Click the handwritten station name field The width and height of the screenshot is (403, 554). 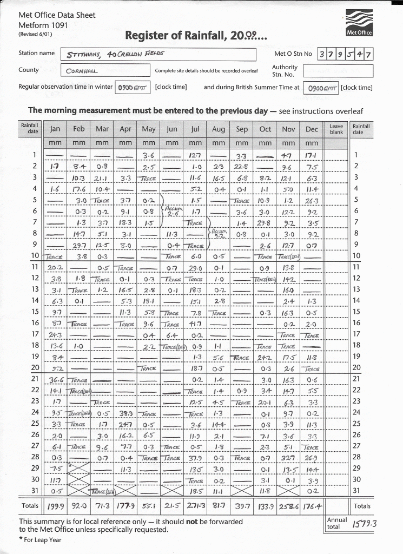(x=160, y=55)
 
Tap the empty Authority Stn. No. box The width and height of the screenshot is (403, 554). (x=338, y=71)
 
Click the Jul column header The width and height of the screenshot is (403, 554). (x=195, y=129)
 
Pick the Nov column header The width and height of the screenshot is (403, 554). (x=288, y=129)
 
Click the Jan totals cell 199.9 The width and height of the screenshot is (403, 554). (x=56, y=506)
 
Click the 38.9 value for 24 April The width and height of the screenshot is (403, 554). (x=125, y=413)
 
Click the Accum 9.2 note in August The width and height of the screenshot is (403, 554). (x=218, y=233)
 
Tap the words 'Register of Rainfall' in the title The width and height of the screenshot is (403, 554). (x=177, y=36)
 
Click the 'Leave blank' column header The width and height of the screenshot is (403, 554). (x=336, y=129)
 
